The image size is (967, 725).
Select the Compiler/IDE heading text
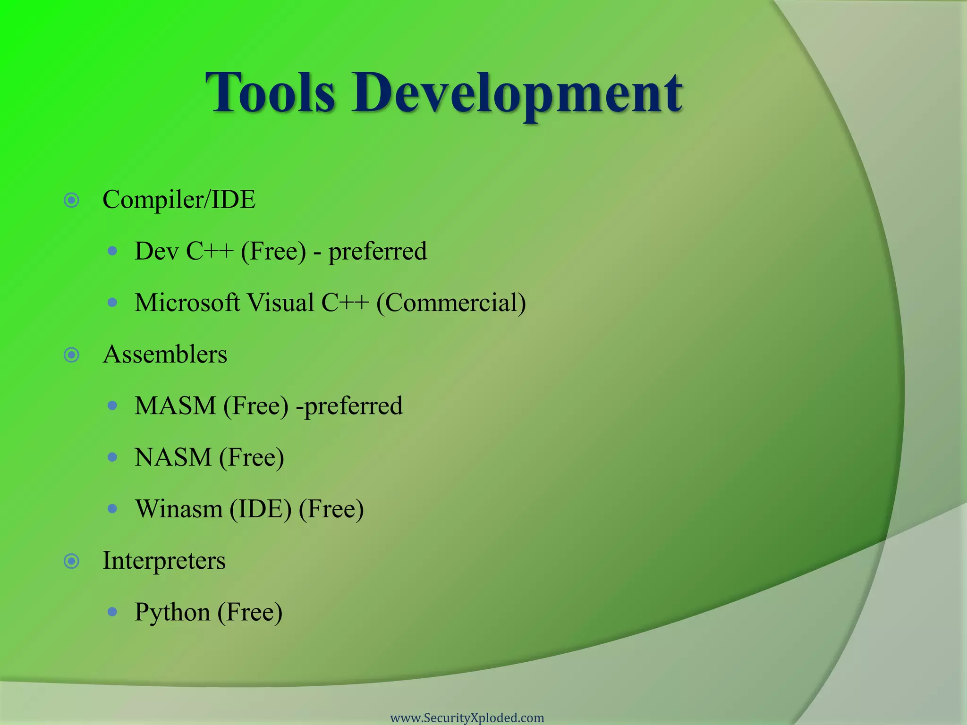point(179,200)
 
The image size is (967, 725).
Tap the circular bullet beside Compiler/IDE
point(71,201)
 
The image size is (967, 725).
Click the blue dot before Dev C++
point(112,251)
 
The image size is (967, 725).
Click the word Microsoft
point(187,303)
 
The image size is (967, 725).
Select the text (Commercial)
point(451,303)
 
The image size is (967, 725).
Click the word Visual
point(280,303)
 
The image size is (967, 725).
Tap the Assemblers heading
point(165,354)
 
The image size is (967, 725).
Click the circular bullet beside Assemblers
point(71,355)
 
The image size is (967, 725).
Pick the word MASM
point(175,406)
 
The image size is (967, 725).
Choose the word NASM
point(173,457)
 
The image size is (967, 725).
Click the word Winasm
point(178,509)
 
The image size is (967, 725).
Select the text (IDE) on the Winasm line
point(261,509)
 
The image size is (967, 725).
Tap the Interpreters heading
point(164,561)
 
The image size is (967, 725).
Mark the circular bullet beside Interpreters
point(71,561)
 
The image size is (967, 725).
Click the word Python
point(172,613)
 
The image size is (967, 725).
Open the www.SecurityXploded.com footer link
point(467,718)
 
